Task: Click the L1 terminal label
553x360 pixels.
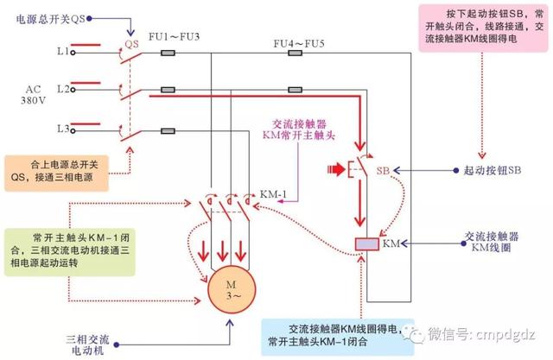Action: [63, 53]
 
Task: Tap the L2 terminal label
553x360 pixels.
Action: [63, 89]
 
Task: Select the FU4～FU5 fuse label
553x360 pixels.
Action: [294, 42]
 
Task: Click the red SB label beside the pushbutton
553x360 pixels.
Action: [384, 171]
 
